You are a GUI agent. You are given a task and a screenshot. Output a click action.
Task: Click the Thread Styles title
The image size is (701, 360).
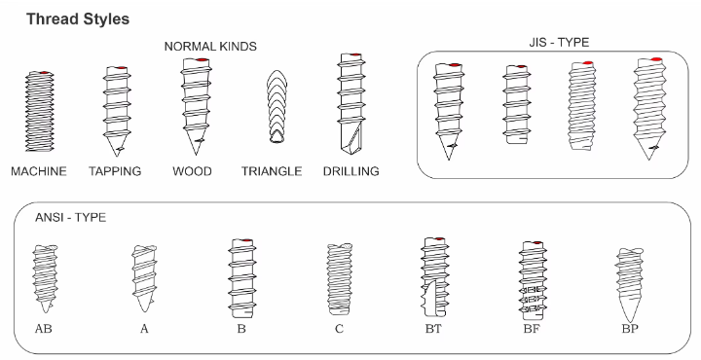point(78,19)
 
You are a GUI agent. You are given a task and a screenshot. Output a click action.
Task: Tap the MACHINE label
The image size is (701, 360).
point(39,171)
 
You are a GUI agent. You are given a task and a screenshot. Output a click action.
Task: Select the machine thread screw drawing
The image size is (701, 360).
point(39,111)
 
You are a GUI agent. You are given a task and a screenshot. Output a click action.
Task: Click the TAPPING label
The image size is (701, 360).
point(115,171)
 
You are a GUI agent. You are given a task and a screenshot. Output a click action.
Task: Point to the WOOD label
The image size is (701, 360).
point(192,171)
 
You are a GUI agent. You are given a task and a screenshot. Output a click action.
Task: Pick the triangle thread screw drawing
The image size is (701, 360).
point(277,106)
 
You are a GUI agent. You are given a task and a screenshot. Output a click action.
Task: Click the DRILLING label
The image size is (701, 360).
point(350,171)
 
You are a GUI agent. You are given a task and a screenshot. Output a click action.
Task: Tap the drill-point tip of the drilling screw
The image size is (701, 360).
point(352,153)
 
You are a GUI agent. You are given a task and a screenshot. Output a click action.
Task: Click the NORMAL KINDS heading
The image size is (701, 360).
point(210,47)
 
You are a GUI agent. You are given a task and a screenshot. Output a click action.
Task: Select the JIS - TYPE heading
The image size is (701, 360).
point(559,43)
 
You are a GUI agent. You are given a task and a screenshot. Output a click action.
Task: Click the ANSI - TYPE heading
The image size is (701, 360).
point(71,218)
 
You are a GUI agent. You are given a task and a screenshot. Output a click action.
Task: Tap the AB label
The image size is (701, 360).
point(44,329)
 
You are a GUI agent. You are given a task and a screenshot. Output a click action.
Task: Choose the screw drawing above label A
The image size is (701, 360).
point(144,278)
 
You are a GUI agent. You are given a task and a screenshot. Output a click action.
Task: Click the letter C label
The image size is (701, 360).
point(339,329)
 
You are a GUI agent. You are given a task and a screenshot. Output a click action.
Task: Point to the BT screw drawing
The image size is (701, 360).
point(434,277)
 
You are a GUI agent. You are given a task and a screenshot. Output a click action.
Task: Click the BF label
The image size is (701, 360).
point(532,329)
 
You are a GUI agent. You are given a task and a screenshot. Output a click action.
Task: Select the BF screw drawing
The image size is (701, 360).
point(533,280)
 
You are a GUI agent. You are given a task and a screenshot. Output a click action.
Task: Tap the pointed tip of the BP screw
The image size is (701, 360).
point(630,321)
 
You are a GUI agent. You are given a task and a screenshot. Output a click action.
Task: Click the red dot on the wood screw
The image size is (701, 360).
point(203,60)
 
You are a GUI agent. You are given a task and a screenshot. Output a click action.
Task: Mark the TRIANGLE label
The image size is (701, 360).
point(272,171)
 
